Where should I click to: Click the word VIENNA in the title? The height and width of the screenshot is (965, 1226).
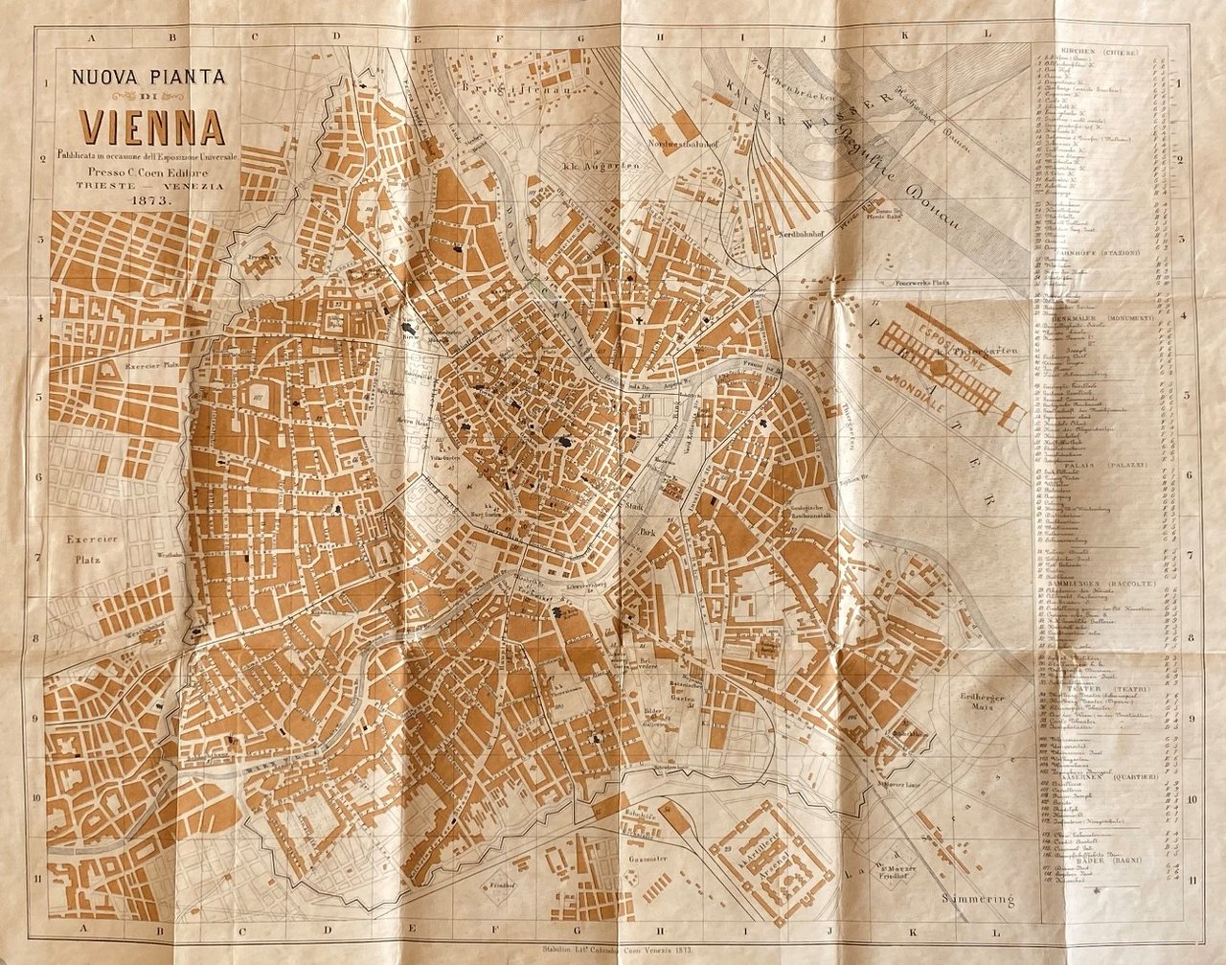152,126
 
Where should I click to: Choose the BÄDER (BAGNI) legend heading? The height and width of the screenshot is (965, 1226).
1098,861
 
